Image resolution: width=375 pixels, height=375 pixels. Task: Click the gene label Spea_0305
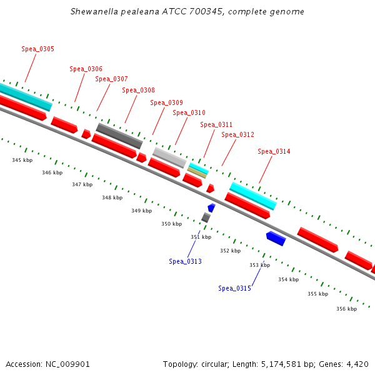pos(37,49)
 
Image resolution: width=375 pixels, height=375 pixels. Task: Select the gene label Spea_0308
pos(138,90)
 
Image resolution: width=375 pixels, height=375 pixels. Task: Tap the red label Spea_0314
pos(274,151)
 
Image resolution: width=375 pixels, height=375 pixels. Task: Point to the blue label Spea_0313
pos(185,261)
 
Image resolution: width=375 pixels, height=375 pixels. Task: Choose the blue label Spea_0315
pos(234,288)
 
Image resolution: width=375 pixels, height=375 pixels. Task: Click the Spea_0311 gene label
pos(216,124)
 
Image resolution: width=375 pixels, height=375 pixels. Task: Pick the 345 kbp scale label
pos(22,161)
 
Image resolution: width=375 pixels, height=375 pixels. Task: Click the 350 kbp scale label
pos(171,224)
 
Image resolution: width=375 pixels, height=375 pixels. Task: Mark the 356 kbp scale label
pos(346,309)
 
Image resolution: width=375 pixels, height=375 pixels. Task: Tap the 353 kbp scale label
pos(259,265)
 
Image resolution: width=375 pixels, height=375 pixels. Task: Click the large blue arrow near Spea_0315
pos(276,238)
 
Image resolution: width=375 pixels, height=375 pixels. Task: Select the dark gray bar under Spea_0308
pos(119,136)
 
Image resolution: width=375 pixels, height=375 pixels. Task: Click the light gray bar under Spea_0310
pos(169,157)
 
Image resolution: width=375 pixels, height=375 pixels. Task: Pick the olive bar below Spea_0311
pos(197,172)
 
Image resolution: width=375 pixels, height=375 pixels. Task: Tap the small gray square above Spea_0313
pos(206,217)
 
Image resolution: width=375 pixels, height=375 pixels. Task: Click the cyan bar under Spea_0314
pos(252,196)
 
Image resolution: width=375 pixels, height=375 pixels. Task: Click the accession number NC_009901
pos(72,364)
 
